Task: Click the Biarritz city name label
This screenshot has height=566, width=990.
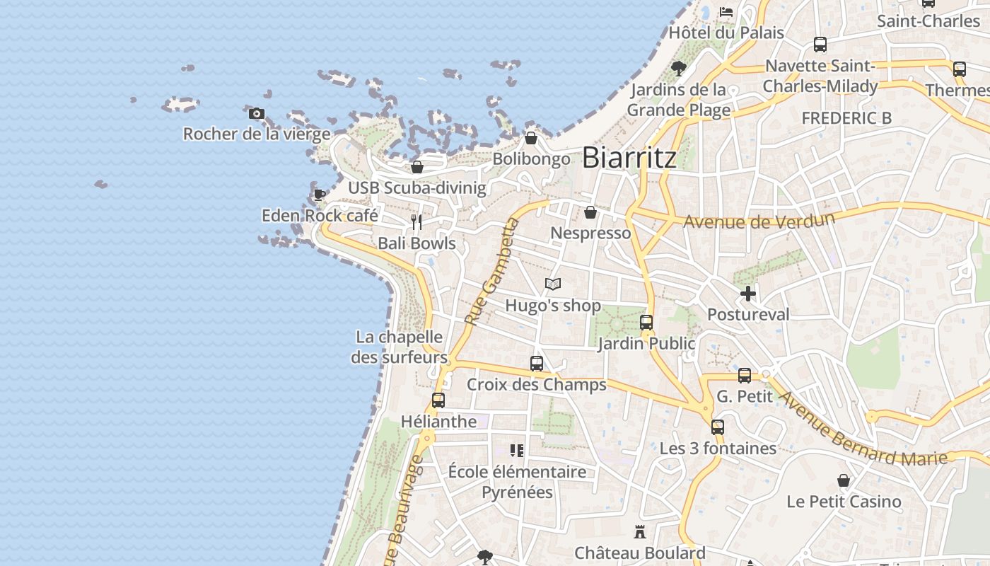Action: pos(629,158)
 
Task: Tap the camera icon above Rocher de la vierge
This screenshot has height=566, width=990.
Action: pos(257,113)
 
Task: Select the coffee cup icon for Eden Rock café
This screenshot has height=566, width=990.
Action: pos(319,195)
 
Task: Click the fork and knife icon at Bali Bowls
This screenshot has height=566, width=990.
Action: pos(417,222)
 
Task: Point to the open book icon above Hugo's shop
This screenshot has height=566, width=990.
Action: pos(553,284)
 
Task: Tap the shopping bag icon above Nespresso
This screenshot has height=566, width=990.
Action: pos(590,212)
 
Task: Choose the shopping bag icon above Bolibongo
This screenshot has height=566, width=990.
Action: pos(531,138)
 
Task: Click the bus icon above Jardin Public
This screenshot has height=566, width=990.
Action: pos(646,323)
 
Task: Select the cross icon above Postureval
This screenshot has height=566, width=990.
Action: pos(748,294)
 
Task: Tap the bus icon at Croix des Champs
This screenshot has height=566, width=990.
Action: pos(537,364)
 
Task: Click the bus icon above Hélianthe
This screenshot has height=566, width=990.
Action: pos(438,400)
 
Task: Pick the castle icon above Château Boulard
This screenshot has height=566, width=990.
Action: pos(640,531)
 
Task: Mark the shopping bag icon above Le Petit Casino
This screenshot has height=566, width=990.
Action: pos(844,481)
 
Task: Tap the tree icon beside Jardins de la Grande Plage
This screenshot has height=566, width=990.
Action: pos(679,69)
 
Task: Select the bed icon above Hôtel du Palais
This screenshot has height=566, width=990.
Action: pos(726,12)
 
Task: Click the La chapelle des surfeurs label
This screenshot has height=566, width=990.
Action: pos(400,347)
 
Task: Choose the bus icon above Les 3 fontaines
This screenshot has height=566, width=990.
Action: pos(718,427)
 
